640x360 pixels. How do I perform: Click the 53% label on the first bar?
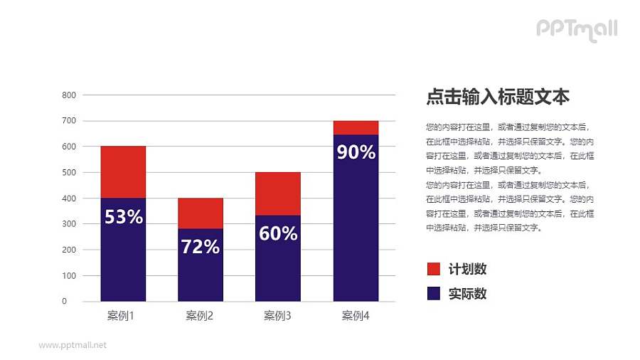click(x=124, y=217)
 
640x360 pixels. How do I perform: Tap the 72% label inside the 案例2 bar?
click(x=201, y=247)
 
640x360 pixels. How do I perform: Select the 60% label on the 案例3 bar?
click(x=278, y=233)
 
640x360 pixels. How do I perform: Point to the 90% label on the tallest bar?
click(x=356, y=152)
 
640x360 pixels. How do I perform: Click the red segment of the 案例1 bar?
click(x=123, y=171)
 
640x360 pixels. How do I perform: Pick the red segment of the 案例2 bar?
click(x=201, y=213)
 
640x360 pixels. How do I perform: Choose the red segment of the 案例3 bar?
click(x=278, y=193)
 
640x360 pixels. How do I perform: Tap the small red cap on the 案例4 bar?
click(x=356, y=127)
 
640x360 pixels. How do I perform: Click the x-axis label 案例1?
click(x=121, y=315)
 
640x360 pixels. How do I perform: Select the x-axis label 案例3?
click(x=277, y=315)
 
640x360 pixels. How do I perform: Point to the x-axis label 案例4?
click(x=356, y=315)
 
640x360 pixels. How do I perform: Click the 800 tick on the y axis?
click(x=69, y=95)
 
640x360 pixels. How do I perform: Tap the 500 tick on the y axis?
click(x=69, y=172)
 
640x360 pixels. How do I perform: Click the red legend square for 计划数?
click(x=433, y=269)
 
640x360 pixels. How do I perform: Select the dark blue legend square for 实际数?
click(x=433, y=293)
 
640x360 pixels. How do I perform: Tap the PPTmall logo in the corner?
click(x=576, y=29)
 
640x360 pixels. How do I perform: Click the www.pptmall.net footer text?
click(x=73, y=345)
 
